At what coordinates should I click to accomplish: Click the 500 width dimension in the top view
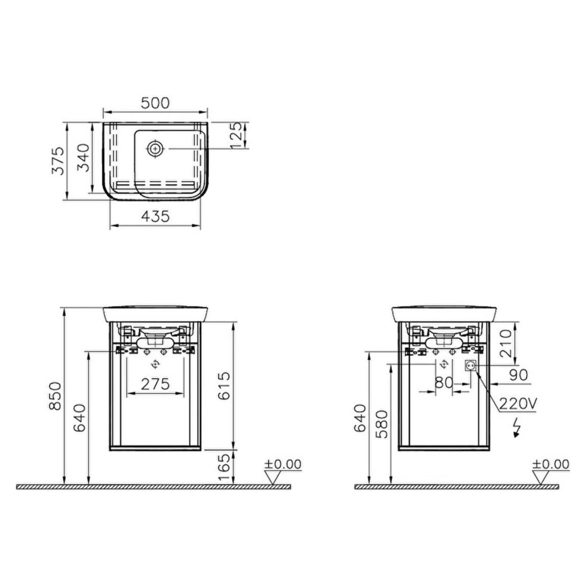point(155,103)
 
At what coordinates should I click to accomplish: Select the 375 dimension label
point(58,161)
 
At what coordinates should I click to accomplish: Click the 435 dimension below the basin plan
point(155,216)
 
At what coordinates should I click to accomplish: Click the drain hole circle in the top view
point(155,149)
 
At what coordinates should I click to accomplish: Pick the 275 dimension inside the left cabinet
point(155,383)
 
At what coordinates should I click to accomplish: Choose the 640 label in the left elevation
point(80,418)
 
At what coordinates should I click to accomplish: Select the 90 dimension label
point(518,375)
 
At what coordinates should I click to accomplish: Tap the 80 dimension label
point(444,382)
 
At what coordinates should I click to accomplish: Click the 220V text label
point(518,404)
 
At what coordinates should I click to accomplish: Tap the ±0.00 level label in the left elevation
point(282,464)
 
